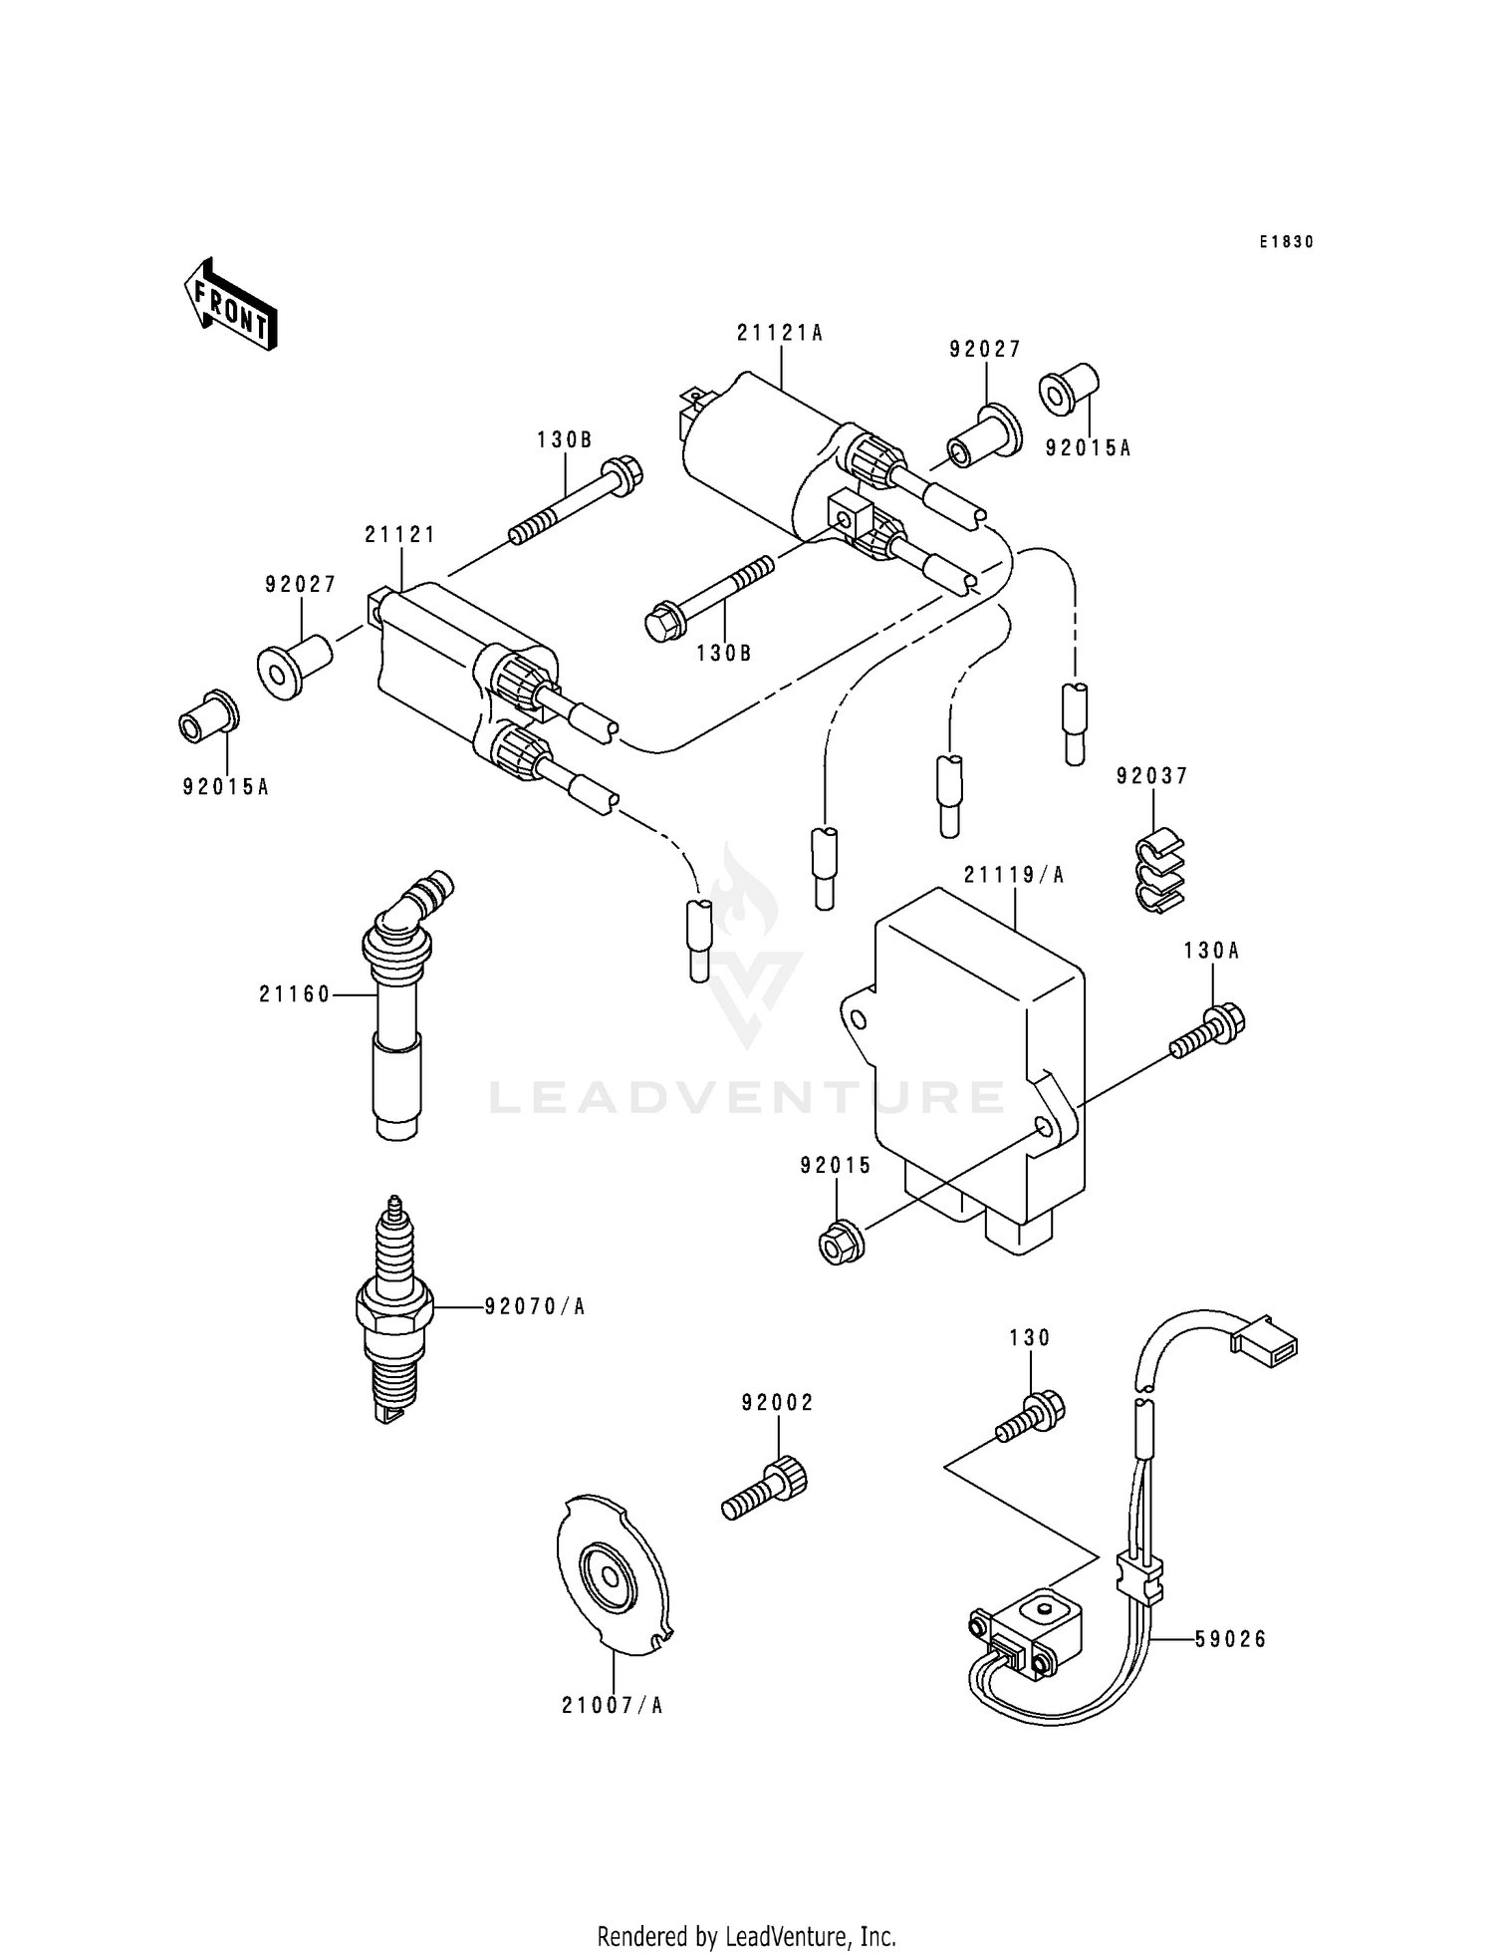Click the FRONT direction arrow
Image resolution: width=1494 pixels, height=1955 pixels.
(230, 304)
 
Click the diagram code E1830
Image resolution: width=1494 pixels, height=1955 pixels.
(1285, 242)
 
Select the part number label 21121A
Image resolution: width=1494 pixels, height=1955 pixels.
(779, 334)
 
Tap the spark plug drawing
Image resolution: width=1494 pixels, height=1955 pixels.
(394, 1309)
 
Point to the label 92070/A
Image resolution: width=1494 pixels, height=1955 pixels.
(535, 1306)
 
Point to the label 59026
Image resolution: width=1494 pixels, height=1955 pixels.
(1231, 1639)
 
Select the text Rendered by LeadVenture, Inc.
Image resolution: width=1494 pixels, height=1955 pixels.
(746, 1936)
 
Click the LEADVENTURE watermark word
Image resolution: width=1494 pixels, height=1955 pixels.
(747, 1097)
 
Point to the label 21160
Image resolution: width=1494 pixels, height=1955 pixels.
(294, 994)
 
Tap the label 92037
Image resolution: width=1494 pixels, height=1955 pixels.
(1152, 776)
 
